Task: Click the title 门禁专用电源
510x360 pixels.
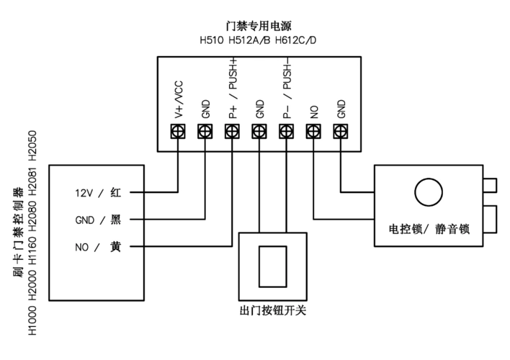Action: (259, 26)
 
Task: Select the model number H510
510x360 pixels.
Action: (211, 39)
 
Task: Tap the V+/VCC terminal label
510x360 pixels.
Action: (178, 99)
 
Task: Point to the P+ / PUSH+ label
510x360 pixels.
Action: (233, 95)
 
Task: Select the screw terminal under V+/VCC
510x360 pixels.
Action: (178, 132)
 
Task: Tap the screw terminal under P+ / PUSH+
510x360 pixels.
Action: (233, 132)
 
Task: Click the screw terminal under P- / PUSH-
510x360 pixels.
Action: (287, 132)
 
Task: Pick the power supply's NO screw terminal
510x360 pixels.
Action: (314, 132)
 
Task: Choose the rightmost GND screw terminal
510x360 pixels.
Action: (341, 132)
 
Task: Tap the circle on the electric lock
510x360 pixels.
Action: (427, 192)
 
